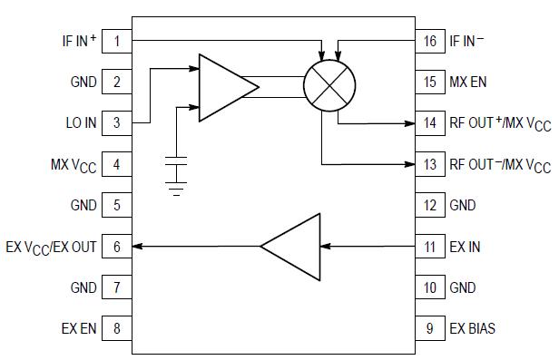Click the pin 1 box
(116, 40)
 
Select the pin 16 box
(429, 41)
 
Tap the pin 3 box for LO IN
(116, 122)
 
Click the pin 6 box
(116, 246)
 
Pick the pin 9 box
(429, 327)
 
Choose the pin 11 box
(429, 246)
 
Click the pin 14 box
(429, 122)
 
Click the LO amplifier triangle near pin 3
(225, 86)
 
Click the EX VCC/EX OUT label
(52, 247)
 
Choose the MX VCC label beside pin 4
(73, 165)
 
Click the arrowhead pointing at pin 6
(139, 246)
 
